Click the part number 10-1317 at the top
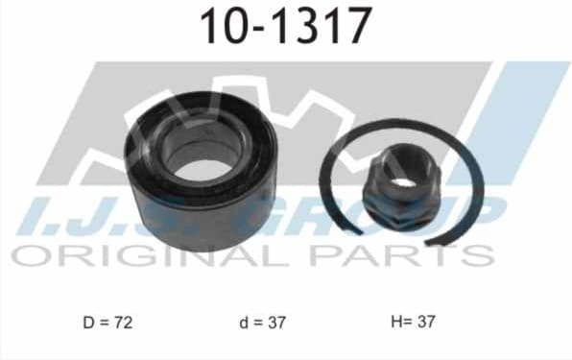(x=285, y=26)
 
